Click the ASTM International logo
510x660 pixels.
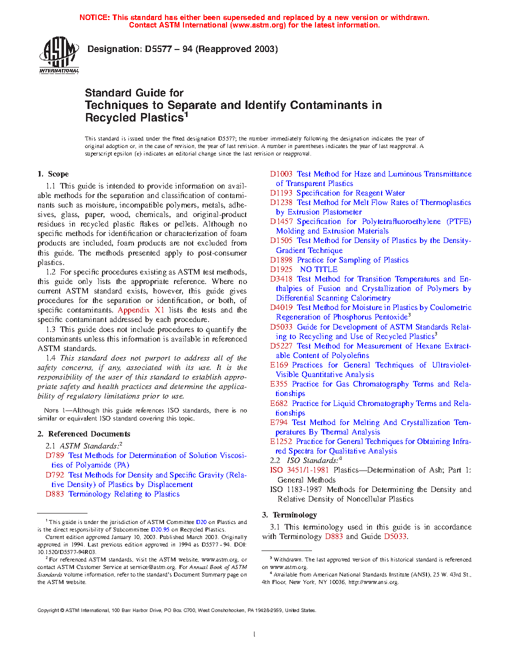(59, 55)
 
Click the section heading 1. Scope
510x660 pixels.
(53, 174)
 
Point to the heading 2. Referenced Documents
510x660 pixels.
(84, 434)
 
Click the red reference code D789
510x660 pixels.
(55, 455)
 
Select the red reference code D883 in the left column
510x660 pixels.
(55, 494)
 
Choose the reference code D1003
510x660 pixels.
(281, 174)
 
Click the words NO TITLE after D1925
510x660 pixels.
(318, 269)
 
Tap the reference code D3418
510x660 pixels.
(281, 279)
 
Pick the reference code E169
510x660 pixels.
(279, 365)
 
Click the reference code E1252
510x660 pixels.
(281, 441)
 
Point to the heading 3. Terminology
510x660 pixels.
(289, 515)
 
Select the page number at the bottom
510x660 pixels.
(254, 634)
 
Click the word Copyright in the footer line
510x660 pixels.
(48, 610)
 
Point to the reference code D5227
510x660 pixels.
(281, 346)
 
